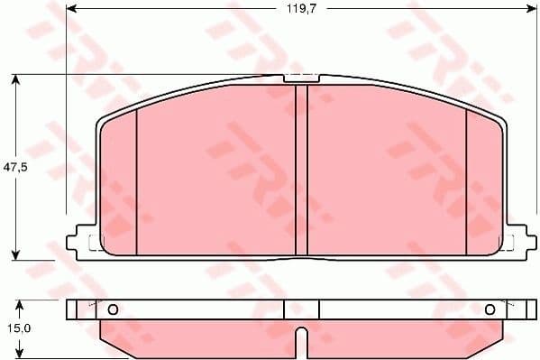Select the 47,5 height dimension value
(x=12, y=168)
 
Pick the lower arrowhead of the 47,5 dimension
(x=16, y=254)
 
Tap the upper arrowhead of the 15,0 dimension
(x=16, y=303)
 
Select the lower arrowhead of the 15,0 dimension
(x=16, y=354)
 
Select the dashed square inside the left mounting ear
(x=95, y=242)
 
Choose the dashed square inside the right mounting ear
(x=508, y=242)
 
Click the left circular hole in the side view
(x=113, y=309)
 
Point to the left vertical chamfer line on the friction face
(x=136, y=180)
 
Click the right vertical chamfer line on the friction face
(x=466, y=180)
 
